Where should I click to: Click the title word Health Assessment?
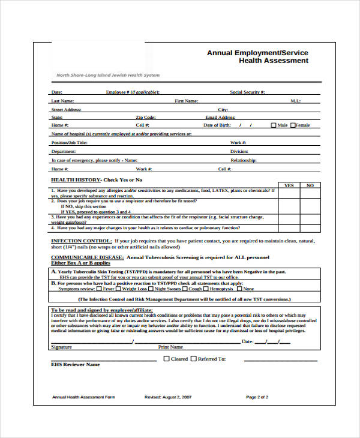pos(274,61)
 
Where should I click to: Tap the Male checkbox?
pos(274,125)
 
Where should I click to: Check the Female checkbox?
pos(293,125)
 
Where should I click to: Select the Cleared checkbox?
pos(167,359)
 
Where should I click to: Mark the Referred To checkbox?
pos(193,359)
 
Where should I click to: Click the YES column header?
pos(289,185)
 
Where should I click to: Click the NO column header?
pos(310,185)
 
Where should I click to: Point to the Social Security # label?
pos(247,92)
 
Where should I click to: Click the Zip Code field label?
pos(146,118)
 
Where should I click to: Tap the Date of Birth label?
pos(217,125)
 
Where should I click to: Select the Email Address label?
pos(220,118)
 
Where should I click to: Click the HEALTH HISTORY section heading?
pos(97,180)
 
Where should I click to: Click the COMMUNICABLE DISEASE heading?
pos(87,257)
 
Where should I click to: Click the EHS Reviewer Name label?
pos(76,364)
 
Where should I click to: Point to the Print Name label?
pos(170,347)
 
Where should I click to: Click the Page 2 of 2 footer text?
pos(257,397)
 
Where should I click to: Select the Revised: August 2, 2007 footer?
pos(168,397)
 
